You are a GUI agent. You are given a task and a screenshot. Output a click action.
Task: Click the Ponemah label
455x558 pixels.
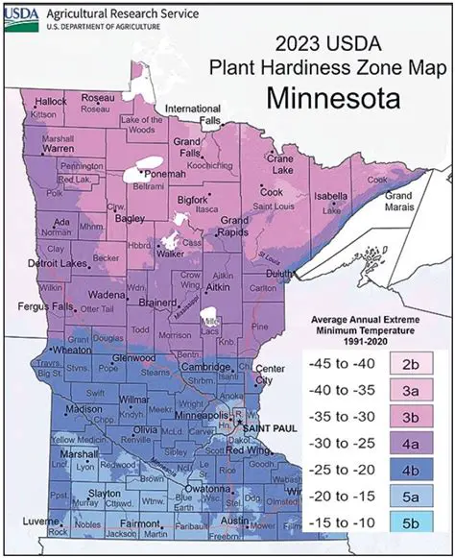[x=166, y=174]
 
